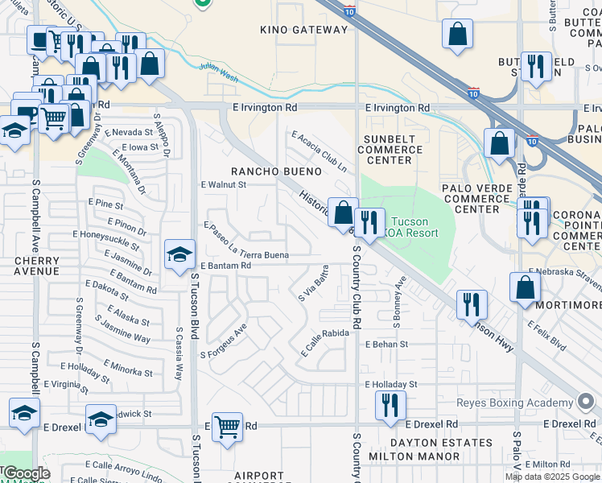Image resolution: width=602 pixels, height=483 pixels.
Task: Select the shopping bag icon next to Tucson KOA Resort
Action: (x=343, y=213)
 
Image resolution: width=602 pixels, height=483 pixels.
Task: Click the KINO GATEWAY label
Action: (x=304, y=30)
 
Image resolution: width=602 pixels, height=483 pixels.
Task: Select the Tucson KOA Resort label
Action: (x=414, y=228)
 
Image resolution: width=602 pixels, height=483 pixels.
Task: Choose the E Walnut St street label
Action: (x=222, y=184)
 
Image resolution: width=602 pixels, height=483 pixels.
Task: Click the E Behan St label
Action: (x=386, y=344)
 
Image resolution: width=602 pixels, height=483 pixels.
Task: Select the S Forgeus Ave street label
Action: (x=223, y=342)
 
